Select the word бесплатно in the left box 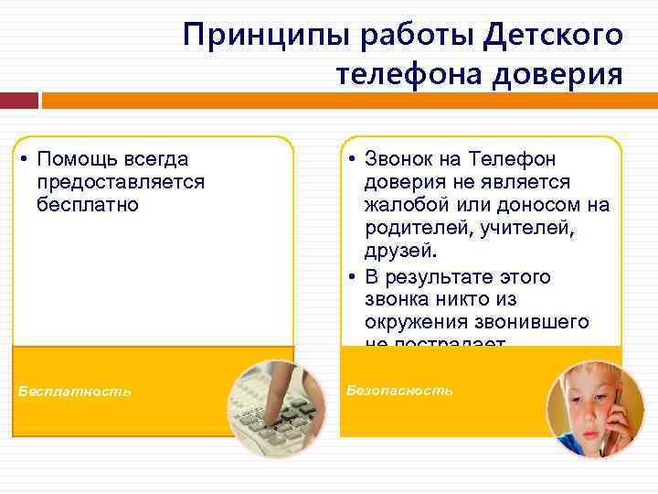click(x=88, y=204)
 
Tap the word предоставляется click(x=121, y=182)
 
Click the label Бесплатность click(x=75, y=392)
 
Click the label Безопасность click(x=400, y=391)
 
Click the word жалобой click(x=410, y=204)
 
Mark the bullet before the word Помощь click(x=21, y=161)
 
